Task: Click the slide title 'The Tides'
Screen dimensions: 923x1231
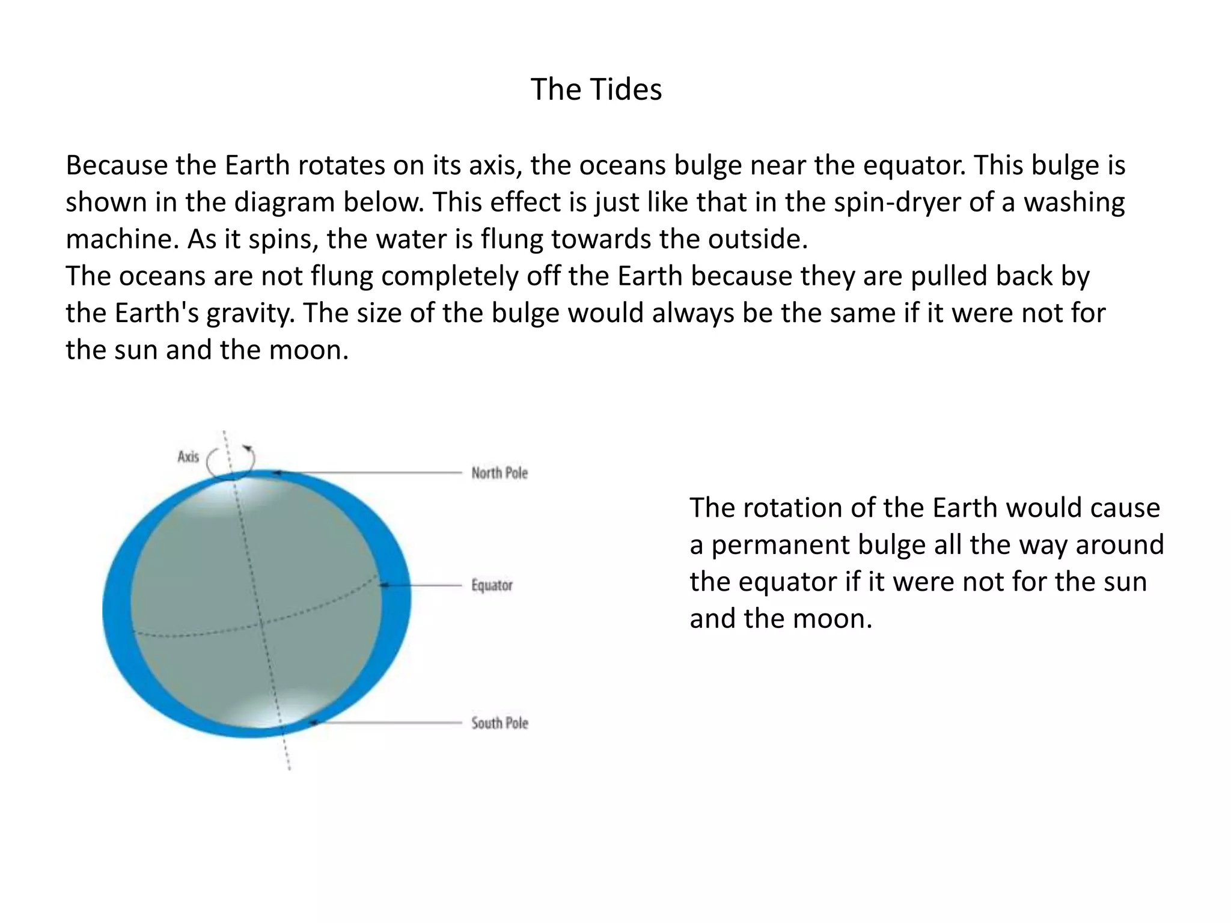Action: (596, 90)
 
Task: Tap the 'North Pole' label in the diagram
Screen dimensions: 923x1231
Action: (499, 474)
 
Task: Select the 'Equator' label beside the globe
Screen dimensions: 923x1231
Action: (492, 585)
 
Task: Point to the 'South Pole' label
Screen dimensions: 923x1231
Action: (499, 723)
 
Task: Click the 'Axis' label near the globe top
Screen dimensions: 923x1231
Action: (188, 457)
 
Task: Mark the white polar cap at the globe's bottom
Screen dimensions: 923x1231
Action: (264, 712)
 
